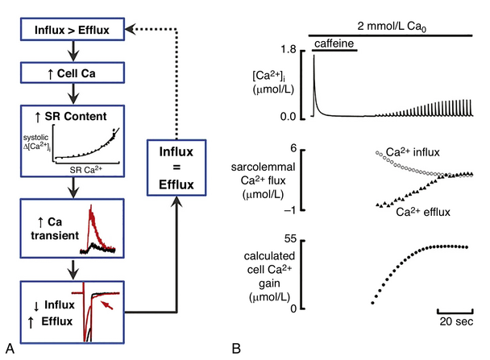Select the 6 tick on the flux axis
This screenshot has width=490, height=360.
pyautogui.click(x=295, y=149)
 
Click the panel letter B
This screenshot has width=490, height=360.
pyautogui.click(x=236, y=349)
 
